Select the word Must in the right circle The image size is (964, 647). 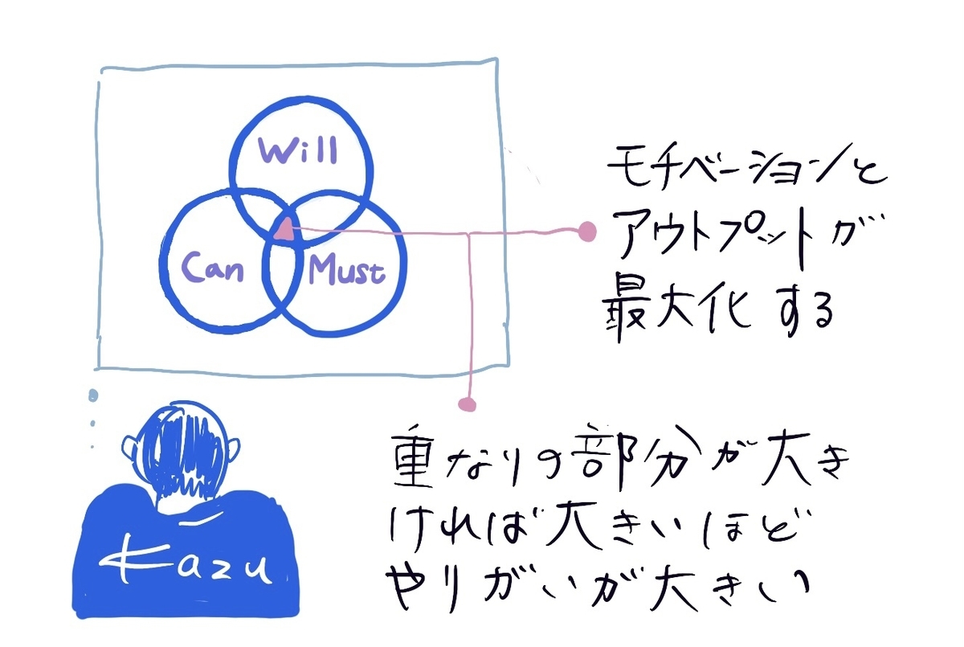(x=347, y=270)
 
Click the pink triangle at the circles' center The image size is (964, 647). (x=285, y=228)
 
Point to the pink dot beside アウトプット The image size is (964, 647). (x=587, y=231)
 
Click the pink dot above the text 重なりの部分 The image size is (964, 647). (x=467, y=404)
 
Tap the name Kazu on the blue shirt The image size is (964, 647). (x=186, y=562)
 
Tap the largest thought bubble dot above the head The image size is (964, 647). (x=93, y=395)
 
